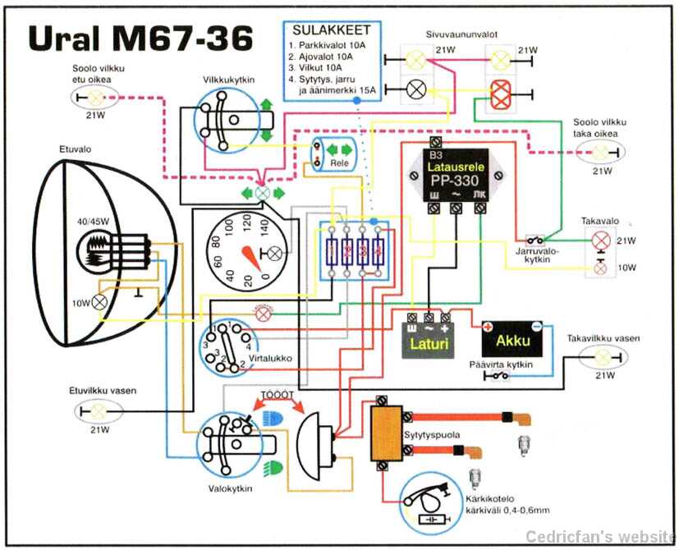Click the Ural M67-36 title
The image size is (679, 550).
(140, 39)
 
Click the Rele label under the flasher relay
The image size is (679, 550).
(338, 163)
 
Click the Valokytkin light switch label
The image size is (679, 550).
(230, 488)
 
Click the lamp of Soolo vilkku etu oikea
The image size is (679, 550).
(98, 98)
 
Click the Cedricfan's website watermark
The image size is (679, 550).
(599, 537)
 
